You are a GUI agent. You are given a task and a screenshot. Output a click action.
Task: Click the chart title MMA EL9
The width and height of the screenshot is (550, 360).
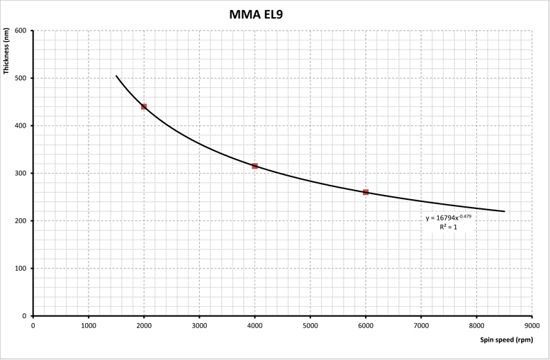256,13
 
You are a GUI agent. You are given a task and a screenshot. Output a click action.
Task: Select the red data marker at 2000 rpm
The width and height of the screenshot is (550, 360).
144,106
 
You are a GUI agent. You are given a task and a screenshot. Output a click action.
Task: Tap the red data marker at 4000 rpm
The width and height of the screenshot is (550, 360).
255,166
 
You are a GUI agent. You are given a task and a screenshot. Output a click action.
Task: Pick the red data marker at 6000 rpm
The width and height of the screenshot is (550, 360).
366,192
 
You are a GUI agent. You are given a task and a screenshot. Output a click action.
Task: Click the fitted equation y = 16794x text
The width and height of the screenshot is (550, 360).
448,218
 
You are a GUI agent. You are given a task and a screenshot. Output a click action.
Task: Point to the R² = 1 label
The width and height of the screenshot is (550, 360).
448,227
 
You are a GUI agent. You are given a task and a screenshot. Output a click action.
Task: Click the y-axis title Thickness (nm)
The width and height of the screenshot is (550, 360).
6,51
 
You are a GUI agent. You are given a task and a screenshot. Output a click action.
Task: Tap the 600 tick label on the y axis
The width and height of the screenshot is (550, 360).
20,30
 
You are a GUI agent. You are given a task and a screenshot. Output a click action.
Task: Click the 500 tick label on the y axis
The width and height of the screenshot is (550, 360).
20,78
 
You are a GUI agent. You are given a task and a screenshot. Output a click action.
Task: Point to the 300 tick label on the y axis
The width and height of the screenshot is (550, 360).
20,173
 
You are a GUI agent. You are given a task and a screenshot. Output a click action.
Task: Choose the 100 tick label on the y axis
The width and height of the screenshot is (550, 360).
20,269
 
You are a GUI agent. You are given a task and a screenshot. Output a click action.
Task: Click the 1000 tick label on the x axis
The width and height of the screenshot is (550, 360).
88,325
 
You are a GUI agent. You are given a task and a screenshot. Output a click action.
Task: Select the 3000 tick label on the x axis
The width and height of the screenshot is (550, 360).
199,325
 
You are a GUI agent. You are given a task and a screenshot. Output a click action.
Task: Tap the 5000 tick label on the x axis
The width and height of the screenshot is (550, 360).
310,325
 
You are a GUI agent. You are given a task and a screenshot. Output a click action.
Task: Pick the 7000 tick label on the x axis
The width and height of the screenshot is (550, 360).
421,325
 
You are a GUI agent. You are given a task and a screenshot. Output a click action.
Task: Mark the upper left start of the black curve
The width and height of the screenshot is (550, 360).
116,76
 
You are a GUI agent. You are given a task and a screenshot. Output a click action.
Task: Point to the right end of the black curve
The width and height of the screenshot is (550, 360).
504,211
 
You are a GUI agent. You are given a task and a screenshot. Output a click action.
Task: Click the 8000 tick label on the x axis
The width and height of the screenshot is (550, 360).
476,325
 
